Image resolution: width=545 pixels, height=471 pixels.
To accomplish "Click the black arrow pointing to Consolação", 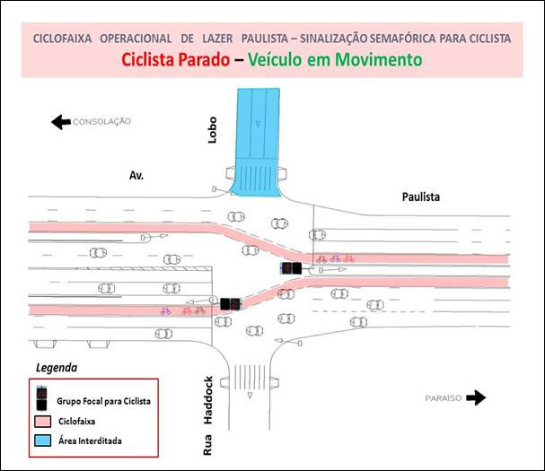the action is click(61, 122).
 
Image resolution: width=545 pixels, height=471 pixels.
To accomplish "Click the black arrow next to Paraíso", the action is click(476, 397).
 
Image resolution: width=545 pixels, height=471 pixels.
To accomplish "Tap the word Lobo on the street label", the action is click(212, 130).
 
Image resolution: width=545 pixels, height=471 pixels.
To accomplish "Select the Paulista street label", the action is click(421, 197).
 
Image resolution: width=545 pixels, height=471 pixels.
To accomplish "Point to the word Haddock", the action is click(207, 400).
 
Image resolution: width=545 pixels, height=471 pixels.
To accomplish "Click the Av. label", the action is click(136, 176).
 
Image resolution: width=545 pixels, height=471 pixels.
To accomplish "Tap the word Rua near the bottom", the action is click(207, 445).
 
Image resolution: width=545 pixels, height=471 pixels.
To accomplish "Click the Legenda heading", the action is click(57, 368).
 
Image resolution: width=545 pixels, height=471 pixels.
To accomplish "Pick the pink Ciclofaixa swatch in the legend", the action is click(43, 421).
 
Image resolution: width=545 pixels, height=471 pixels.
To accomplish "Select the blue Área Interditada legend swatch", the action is click(43, 440).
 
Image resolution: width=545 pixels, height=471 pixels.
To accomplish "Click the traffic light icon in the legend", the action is click(41, 398).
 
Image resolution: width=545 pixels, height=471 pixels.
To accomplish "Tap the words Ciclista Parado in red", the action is click(175, 59).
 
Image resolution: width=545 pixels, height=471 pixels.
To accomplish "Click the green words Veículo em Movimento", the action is click(335, 59).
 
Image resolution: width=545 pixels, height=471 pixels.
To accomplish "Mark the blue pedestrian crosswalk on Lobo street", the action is click(258, 178).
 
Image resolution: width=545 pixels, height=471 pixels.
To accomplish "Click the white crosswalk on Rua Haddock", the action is click(250, 377).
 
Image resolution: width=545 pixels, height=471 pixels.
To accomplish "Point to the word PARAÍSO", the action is click(444, 398).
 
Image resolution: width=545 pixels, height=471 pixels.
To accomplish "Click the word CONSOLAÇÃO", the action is click(101, 122).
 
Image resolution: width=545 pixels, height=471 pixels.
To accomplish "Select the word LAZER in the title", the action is click(217, 39).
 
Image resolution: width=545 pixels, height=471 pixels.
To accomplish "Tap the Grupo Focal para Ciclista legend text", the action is click(103, 401).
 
